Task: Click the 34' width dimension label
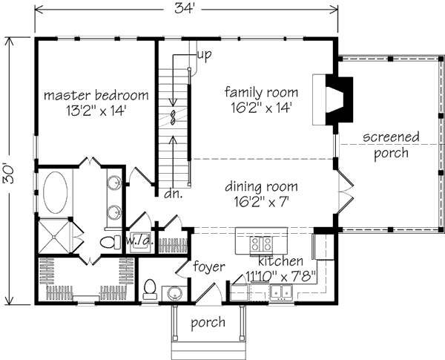184,7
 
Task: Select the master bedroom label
96,95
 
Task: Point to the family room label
261,92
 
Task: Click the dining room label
261,186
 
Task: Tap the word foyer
209,266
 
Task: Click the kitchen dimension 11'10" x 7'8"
281,276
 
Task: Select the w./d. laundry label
140,241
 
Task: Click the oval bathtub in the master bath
56,192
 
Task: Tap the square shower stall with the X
53,237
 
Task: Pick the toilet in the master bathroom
111,242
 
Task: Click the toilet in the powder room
150,289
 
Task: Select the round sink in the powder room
175,293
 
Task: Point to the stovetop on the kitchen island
261,244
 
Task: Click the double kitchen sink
281,292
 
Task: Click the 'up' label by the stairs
205,55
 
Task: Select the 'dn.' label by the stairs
174,194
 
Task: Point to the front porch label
208,323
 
